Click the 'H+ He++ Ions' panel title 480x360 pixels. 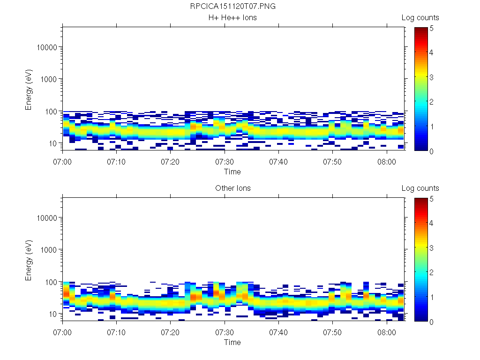(232, 18)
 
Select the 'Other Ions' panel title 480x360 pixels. (232, 188)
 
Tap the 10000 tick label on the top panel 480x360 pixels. (48, 47)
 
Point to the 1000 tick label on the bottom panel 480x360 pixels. (50, 250)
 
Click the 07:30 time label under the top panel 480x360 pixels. (225, 161)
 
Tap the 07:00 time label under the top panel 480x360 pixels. (63, 161)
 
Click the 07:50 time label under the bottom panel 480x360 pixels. (332, 332)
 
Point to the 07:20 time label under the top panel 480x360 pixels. (171, 161)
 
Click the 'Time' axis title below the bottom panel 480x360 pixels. (232, 342)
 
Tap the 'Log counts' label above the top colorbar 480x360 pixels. (420, 18)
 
